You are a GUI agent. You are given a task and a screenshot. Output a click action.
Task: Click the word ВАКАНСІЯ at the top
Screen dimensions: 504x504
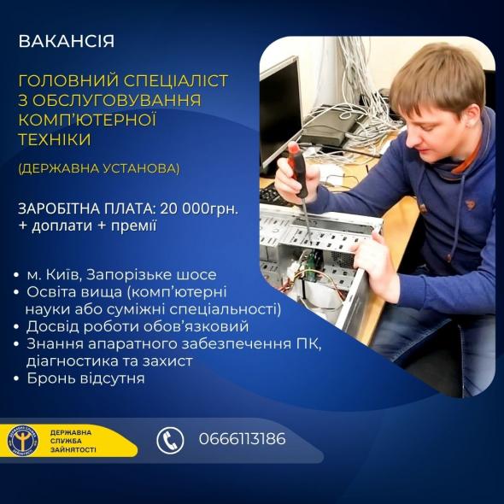[66, 41]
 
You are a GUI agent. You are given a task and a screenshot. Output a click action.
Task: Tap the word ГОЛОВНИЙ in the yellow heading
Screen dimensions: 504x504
[63, 81]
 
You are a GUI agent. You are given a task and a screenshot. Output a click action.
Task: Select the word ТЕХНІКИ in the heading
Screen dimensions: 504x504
[55, 138]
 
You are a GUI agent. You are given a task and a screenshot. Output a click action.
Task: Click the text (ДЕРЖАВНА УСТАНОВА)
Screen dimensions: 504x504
[99, 168]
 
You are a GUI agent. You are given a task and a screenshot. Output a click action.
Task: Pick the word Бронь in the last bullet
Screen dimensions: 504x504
[50, 378]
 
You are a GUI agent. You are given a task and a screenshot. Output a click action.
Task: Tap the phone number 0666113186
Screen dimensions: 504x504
[242, 439]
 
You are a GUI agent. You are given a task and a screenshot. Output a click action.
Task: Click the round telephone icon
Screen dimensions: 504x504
[170, 440]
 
